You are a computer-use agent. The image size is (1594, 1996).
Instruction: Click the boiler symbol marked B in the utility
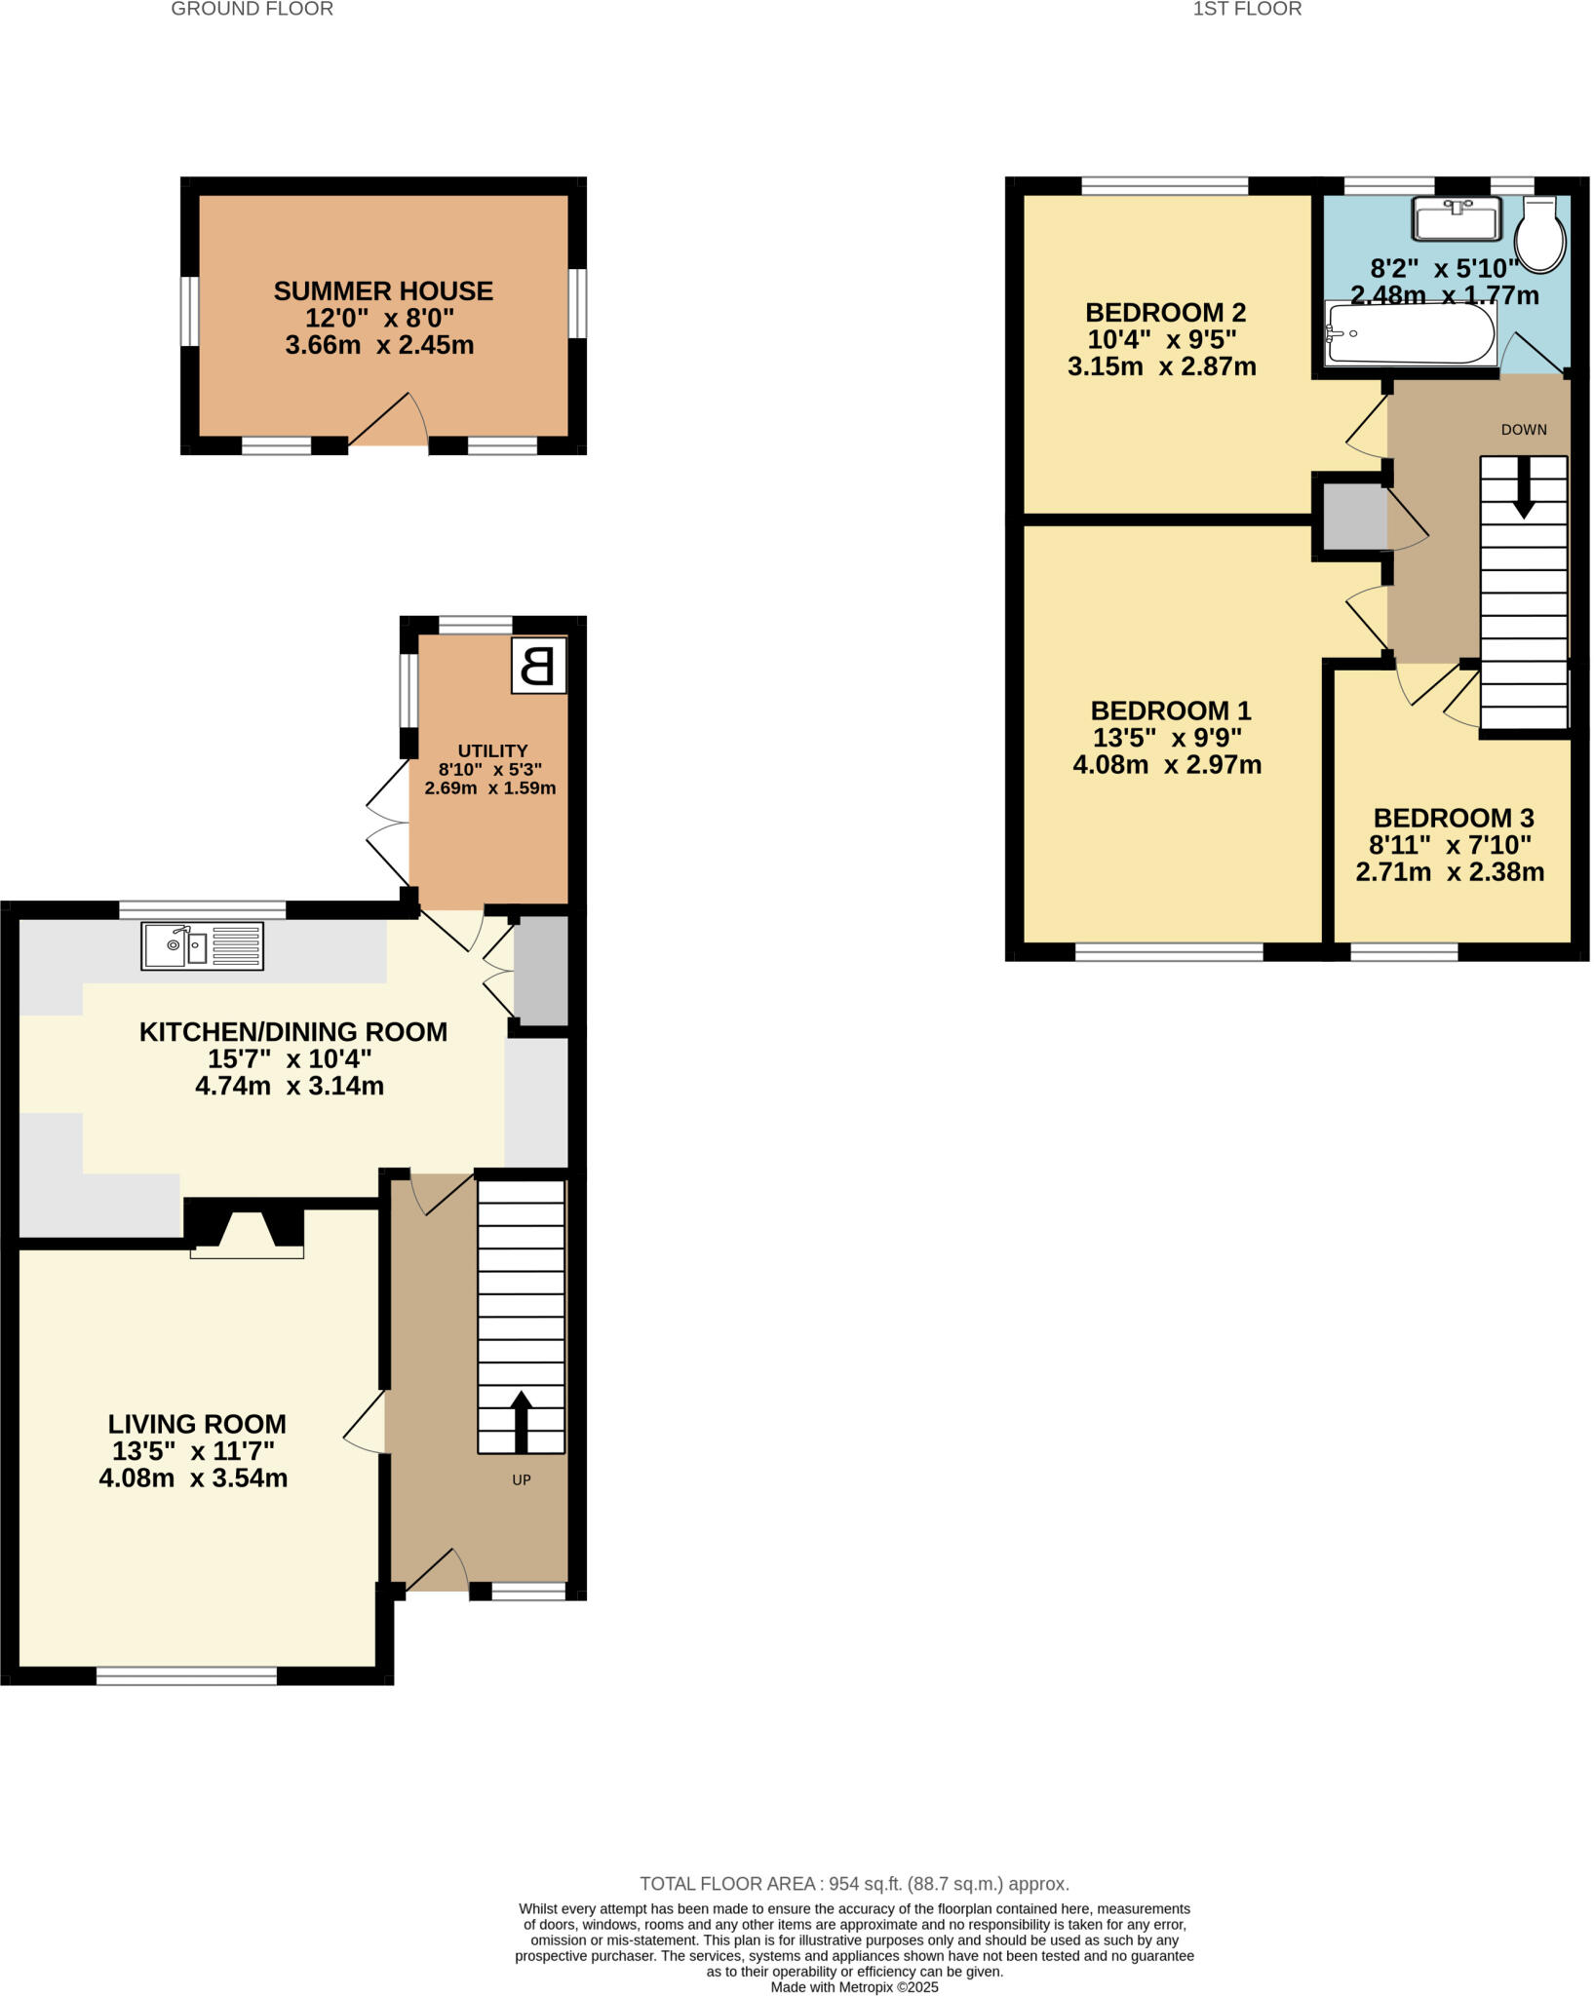[538, 667]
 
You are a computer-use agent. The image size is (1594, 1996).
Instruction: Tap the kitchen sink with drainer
[203, 945]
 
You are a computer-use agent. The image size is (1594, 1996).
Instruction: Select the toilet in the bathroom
[1540, 236]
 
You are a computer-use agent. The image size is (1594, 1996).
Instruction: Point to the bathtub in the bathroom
[1410, 333]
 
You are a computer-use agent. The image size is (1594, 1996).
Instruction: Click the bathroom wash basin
[1457, 218]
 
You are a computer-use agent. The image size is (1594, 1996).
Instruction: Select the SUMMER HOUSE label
[383, 291]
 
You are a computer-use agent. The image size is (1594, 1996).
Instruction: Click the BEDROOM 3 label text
[1453, 818]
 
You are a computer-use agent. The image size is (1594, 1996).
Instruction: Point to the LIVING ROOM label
[197, 1424]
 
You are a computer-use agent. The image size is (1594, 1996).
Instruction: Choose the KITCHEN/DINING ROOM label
[293, 1032]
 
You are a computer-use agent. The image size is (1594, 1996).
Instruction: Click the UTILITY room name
[492, 750]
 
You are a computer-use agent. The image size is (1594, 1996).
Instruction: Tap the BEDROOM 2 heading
[1165, 313]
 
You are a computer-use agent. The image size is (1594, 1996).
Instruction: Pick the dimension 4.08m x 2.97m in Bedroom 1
[1167, 765]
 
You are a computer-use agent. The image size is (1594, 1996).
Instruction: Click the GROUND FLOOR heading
[252, 10]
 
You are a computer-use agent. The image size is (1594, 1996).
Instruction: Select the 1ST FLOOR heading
[1247, 10]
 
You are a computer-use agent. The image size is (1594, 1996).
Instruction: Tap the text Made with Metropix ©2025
[854, 1986]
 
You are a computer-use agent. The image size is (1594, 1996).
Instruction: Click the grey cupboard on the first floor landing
[1353, 516]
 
